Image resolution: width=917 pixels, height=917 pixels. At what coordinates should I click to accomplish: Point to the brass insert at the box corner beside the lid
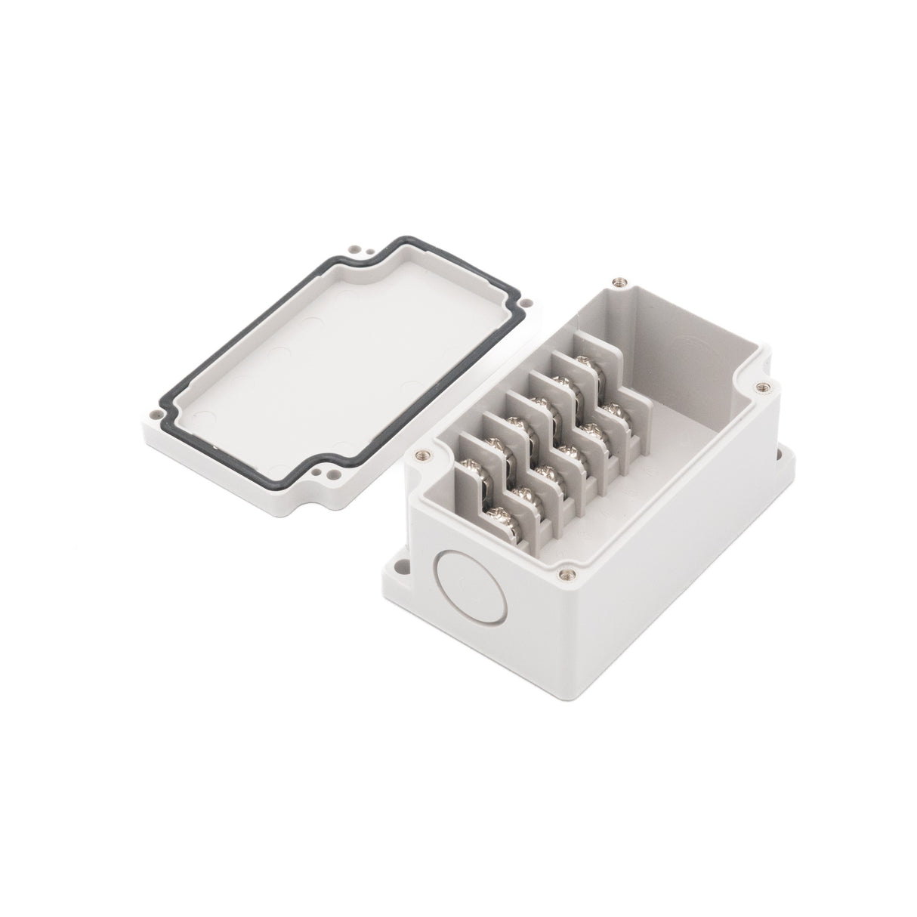[421, 455]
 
